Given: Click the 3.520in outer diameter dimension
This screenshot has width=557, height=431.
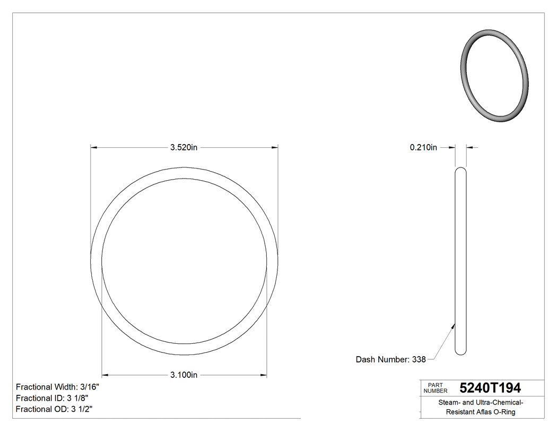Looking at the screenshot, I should pyautogui.click(x=184, y=148).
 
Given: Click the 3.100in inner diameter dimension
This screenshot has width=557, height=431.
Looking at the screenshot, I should pyautogui.click(x=184, y=375).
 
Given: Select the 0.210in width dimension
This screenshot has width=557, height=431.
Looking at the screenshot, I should pyautogui.click(x=423, y=148).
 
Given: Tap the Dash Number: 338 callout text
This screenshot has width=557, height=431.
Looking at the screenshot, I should pyautogui.click(x=390, y=359).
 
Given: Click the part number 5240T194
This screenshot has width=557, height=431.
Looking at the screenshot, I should pyautogui.click(x=490, y=388).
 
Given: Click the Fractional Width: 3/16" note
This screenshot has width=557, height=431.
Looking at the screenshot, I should pyautogui.click(x=57, y=387).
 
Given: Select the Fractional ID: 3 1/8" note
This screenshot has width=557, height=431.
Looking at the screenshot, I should pyautogui.click(x=52, y=398).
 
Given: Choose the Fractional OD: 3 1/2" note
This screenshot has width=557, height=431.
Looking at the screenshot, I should pyautogui.click(x=55, y=409).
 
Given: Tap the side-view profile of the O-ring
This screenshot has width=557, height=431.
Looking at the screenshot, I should pyautogui.click(x=461, y=260).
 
